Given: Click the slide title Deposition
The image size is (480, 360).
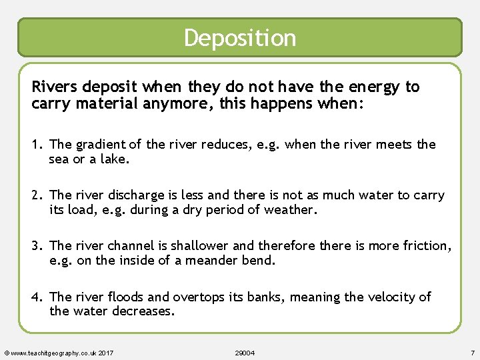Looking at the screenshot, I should point(240,38).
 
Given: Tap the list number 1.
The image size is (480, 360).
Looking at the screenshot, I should point(37,145).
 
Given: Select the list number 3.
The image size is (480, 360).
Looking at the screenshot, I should point(37,246).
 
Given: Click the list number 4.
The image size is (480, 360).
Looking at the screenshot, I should point(37,297).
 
